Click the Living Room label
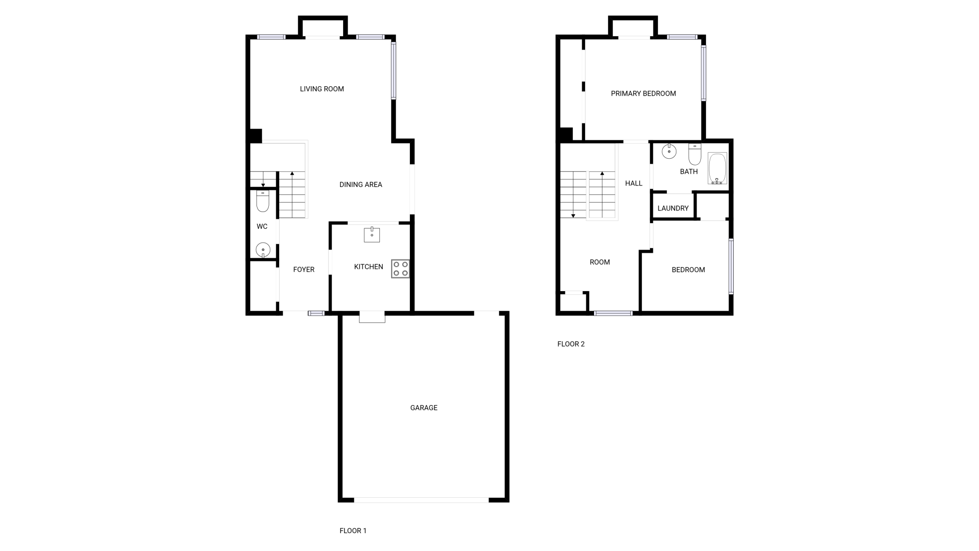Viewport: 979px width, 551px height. click(322, 89)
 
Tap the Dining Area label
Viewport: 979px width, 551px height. click(361, 185)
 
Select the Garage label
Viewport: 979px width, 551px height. click(424, 408)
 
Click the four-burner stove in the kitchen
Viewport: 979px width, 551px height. click(400, 269)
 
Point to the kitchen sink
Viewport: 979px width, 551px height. click(372, 235)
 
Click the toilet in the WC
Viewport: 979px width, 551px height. click(263, 201)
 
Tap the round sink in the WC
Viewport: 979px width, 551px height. click(263, 250)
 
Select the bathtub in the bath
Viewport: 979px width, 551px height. click(717, 168)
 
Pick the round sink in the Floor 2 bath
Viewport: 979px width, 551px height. click(669, 152)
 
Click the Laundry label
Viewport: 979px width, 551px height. click(673, 208)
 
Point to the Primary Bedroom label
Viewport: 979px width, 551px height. click(643, 94)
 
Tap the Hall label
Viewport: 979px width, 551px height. click(634, 183)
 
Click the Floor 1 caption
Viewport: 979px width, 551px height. click(353, 531)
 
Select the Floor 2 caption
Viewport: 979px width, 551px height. click(571, 344)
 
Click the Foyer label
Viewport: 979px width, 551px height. click(304, 270)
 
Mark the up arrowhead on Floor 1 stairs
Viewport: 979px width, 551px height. click(292, 174)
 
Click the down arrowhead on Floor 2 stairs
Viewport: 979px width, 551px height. click(573, 216)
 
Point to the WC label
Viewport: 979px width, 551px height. click(262, 227)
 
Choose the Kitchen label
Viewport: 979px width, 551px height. click(369, 267)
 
